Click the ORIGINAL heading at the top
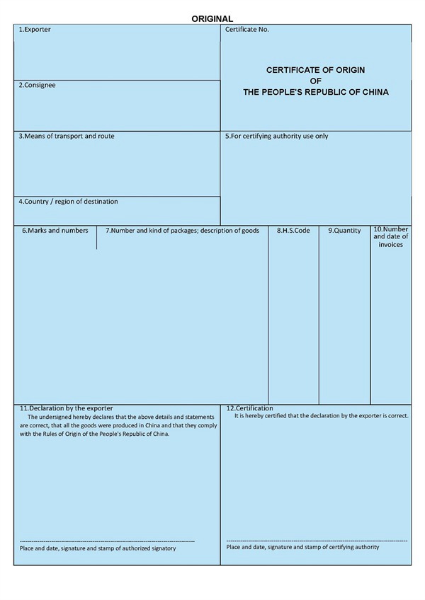pos(212,18)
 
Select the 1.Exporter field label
pos(34,30)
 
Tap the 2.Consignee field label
pos(37,86)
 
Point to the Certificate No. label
pos(247,30)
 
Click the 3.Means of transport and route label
pos(66,136)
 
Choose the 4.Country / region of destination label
pos(68,202)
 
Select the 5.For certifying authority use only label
pos(276,136)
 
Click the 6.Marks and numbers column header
pos(55,231)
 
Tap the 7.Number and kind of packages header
pos(182,231)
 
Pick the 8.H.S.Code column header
pos(293,231)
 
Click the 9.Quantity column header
pos(344,231)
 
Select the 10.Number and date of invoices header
pos(391,236)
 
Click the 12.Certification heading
pos(249,408)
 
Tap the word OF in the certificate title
pos(316,81)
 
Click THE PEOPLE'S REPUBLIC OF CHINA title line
pos(316,92)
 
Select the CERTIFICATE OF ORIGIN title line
pos(316,70)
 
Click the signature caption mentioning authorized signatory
pos(98,548)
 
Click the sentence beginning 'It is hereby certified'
pos(321,416)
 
